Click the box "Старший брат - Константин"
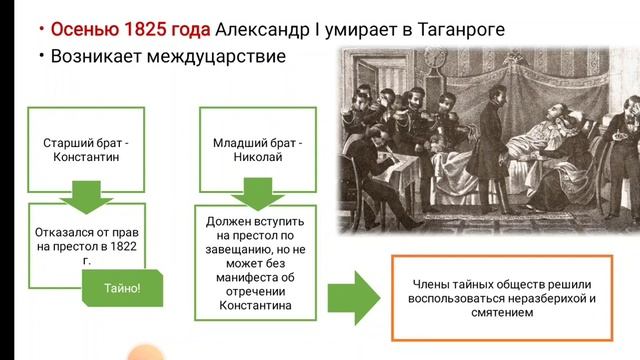(87, 150)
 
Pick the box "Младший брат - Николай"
(257, 150)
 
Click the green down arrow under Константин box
(87, 199)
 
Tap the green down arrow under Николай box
(257, 199)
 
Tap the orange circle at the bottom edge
(146, 351)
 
